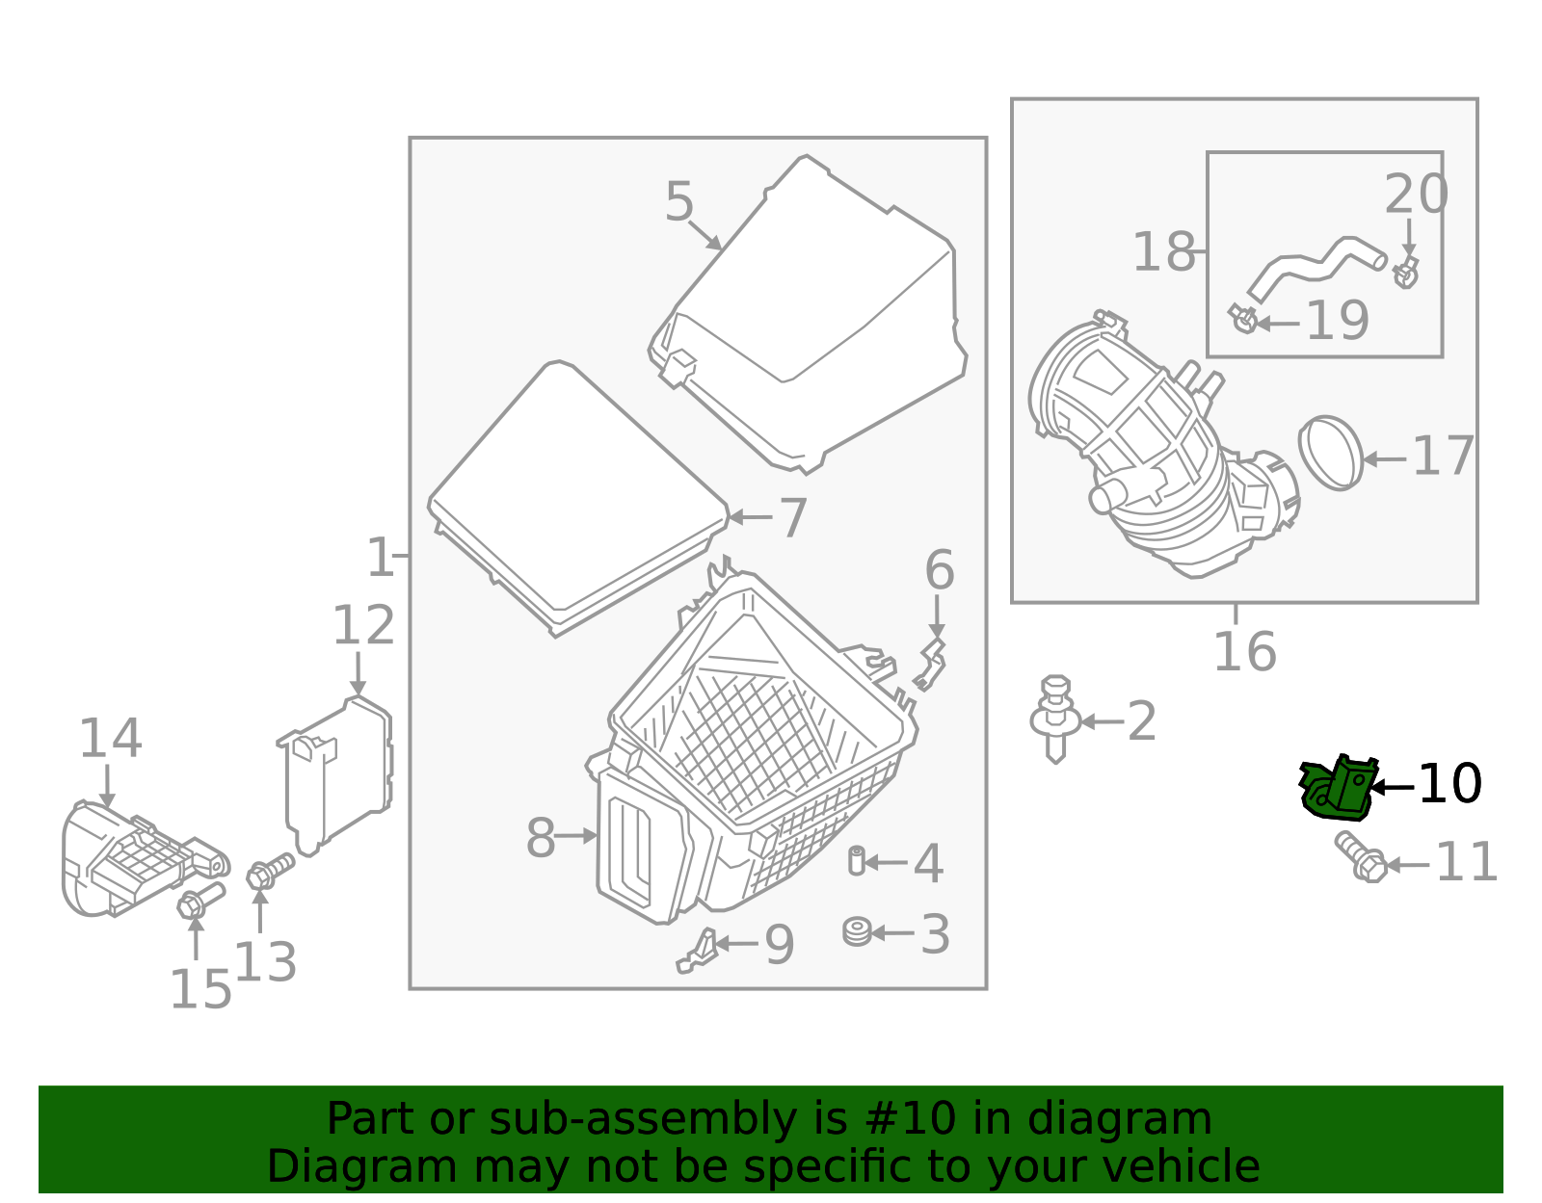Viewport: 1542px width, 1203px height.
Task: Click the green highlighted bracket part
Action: tap(1336, 789)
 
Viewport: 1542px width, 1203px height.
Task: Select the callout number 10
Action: tap(1449, 785)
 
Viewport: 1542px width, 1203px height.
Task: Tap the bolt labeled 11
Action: tap(1361, 857)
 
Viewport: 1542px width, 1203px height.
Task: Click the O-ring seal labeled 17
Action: tap(1332, 453)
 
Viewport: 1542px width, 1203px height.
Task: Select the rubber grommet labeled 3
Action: tap(857, 932)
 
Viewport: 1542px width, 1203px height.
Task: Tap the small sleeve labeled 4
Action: tap(856, 860)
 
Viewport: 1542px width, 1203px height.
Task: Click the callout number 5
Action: tap(679, 203)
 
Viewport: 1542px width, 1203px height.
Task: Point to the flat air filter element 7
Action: tap(578, 496)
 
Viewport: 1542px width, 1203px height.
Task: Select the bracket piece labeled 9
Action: tap(699, 951)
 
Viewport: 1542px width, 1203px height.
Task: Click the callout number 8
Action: tap(541, 838)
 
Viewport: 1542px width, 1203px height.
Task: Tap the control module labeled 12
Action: tap(337, 775)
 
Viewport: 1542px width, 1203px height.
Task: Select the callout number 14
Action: tap(110, 739)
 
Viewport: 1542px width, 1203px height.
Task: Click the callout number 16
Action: tap(1244, 652)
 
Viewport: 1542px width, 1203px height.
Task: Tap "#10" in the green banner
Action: tap(911, 1119)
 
